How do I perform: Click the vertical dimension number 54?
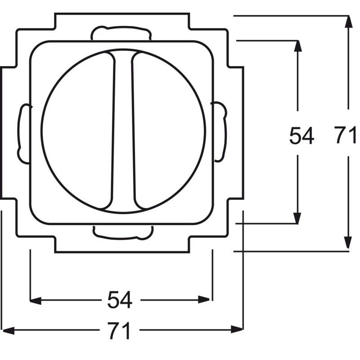tap(301, 135)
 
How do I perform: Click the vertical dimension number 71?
tap(345, 135)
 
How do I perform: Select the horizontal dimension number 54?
tap(120, 300)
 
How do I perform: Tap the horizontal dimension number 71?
tap(119, 330)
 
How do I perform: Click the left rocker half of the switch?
tap(78, 130)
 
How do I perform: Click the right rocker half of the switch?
tap(169, 131)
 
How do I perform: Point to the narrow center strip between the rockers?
tap(123, 131)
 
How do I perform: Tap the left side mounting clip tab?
tap(24, 134)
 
